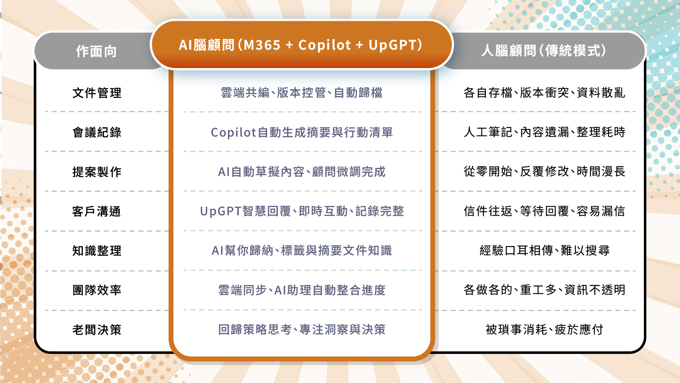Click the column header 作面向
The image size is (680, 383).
coord(96,51)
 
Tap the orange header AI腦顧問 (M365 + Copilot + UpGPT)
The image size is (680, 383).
coord(301,45)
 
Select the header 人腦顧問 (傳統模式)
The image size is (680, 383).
coord(544,51)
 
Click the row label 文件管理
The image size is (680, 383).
coord(97,93)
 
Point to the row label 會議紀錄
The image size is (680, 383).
coord(97,132)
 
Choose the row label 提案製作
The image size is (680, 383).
coord(97,172)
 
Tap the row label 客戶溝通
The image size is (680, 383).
coord(97,211)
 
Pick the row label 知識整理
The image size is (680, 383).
coord(97,251)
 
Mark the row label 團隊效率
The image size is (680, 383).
coord(97,290)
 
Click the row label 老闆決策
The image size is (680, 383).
coord(97,330)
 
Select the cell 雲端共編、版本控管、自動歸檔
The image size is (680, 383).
coord(301,93)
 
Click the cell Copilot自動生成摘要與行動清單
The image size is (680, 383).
coord(302,132)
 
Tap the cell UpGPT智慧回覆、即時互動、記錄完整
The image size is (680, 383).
coord(302,211)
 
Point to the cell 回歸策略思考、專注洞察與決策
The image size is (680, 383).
coord(302,329)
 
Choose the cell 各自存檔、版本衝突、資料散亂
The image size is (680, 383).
coord(544,93)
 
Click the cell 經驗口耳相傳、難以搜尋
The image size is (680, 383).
coord(545,250)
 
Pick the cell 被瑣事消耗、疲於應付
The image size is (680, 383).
coord(544,329)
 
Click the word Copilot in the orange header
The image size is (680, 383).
coord(324,45)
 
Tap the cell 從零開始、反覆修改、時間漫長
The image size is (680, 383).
coord(544,172)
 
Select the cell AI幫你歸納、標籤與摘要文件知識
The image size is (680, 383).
coord(302,250)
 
